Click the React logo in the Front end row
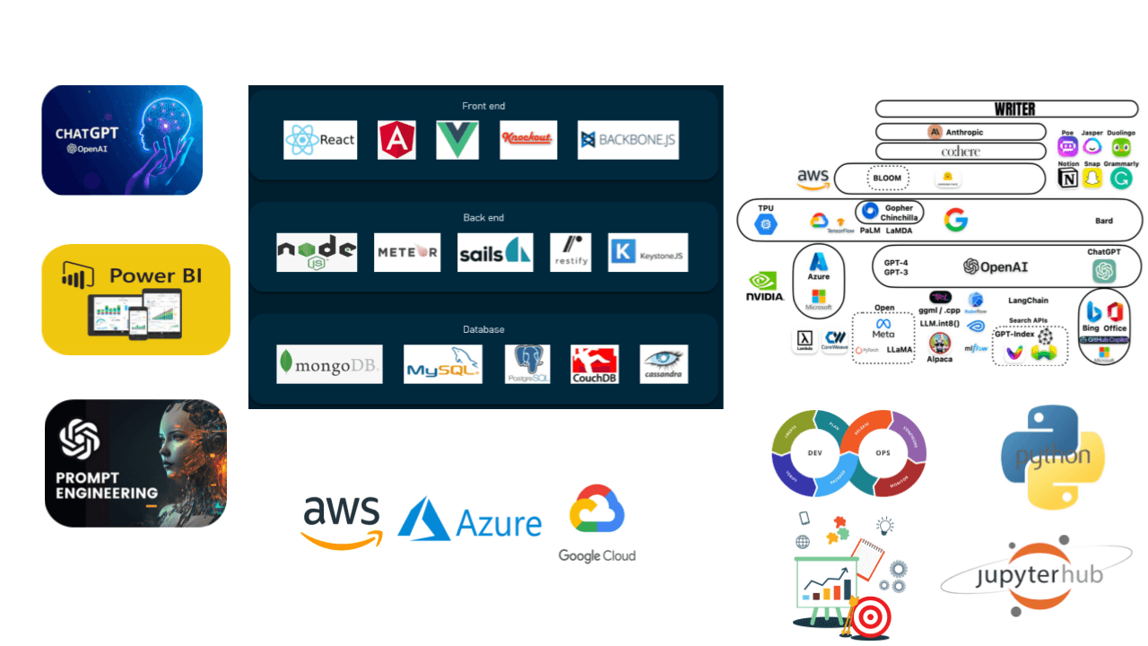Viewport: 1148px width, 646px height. [x=320, y=140]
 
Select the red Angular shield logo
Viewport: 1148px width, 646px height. [x=397, y=140]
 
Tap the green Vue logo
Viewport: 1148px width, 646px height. [x=457, y=140]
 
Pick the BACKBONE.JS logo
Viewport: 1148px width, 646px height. [x=628, y=140]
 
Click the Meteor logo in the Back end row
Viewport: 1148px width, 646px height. [x=407, y=252]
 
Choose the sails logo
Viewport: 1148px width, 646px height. [x=495, y=252]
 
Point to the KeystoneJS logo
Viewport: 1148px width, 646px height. [x=648, y=252]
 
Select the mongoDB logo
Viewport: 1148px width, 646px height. [x=329, y=363]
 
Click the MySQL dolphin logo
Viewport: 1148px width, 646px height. [x=443, y=364]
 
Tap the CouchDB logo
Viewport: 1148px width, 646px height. [x=595, y=364]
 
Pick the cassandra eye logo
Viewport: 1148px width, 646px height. [x=664, y=364]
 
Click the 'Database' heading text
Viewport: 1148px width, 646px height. [x=483, y=329]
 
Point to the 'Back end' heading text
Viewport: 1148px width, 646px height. [x=483, y=217]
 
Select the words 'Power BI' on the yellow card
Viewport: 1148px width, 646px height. [x=154, y=275]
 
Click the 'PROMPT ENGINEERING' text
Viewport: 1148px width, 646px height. [x=106, y=485]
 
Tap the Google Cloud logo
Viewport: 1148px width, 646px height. [x=597, y=524]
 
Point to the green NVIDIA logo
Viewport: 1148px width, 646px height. [x=765, y=286]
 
